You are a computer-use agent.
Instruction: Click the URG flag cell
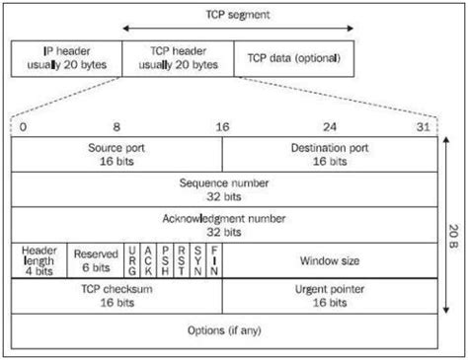tap(132, 260)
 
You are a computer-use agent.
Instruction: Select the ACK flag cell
tap(148, 260)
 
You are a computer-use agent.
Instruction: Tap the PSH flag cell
tap(165, 260)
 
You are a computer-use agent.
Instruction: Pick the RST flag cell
tap(182, 260)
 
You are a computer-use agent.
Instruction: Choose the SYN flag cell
tap(197, 260)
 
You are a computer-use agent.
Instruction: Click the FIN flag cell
tap(214, 260)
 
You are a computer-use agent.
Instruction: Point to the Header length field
tap(39, 260)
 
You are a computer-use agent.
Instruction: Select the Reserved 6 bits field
tap(96, 260)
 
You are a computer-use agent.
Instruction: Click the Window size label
tap(330, 261)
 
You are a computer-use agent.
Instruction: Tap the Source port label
tap(117, 148)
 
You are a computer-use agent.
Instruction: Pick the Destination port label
tap(330, 148)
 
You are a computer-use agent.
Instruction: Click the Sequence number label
tap(224, 183)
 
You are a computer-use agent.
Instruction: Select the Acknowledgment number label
tap(224, 219)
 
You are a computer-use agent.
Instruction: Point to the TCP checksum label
tap(117, 289)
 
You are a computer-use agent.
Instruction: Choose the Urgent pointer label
tap(330, 290)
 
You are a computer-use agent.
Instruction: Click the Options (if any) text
tap(224, 330)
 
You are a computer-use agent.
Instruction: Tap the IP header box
tap(67, 59)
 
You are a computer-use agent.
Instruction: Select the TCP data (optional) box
tap(294, 59)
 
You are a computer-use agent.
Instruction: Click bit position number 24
tap(330, 127)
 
